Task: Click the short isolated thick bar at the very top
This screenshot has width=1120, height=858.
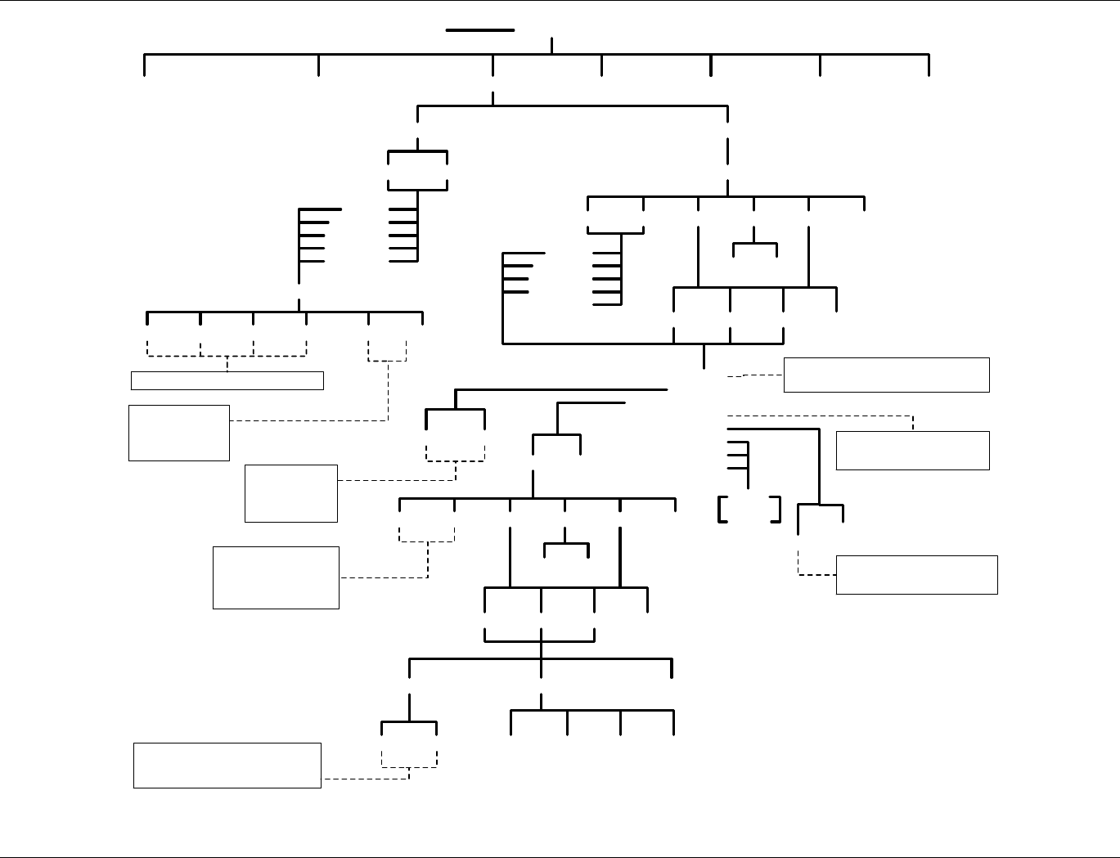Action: (479, 30)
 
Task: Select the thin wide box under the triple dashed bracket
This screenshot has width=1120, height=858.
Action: (227, 380)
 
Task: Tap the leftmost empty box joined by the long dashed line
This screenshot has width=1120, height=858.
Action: (178, 433)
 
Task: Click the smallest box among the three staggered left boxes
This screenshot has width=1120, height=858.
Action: (290, 493)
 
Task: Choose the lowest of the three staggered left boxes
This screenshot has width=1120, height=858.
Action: (276, 577)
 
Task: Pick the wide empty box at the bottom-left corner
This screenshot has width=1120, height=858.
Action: (227, 766)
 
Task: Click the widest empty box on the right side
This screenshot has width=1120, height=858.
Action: (886, 375)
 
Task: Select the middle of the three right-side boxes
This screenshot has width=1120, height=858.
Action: (912, 451)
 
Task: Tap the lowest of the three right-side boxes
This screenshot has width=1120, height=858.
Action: (916, 574)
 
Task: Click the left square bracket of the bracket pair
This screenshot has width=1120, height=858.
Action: (720, 509)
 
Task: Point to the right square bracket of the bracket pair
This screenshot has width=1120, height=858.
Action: (777, 509)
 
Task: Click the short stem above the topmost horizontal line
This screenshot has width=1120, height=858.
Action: (552, 45)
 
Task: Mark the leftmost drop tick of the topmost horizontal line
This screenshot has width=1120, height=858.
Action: (145, 65)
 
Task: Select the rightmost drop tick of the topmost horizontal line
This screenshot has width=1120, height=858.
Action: (929, 65)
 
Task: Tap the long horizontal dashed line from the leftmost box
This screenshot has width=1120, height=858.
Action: (308, 420)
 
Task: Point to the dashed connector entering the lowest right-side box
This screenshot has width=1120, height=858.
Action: (816, 575)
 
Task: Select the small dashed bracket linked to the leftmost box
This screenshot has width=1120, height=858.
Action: (387, 350)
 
